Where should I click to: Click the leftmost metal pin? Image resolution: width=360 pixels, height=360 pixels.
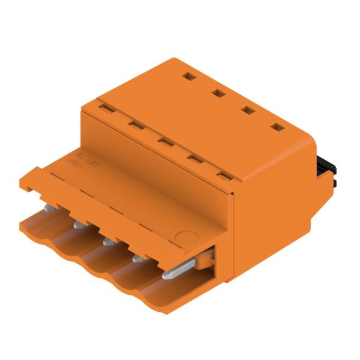(47, 209)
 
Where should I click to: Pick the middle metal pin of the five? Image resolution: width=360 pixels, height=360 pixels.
(108, 242)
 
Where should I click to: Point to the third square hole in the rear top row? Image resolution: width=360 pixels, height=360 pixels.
(247, 110)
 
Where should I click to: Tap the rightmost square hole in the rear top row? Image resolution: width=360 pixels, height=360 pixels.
(278, 127)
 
